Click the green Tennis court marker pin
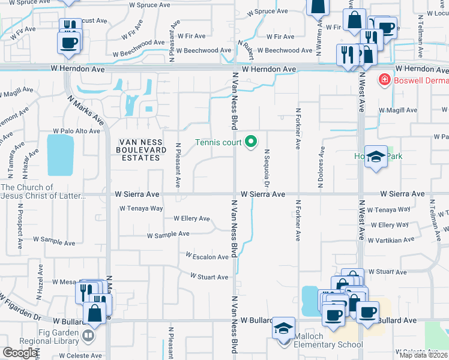coord(252,142)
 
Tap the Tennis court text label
coord(218,142)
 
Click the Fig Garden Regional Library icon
coord(88,335)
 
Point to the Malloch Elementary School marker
coord(283,328)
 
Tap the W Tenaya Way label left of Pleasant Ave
coord(141,209)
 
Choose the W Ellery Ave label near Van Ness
coord(191,218)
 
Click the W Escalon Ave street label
coord(207,257)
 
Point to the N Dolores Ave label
coord(322,166)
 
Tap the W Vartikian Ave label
coord(393,239)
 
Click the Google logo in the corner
coord(20,353)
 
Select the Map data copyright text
coord(424,355)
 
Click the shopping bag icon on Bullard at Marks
coord(94,313)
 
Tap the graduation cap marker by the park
coord(375,158)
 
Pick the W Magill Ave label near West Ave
coord(397,110)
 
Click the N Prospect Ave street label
coord(20,221)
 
